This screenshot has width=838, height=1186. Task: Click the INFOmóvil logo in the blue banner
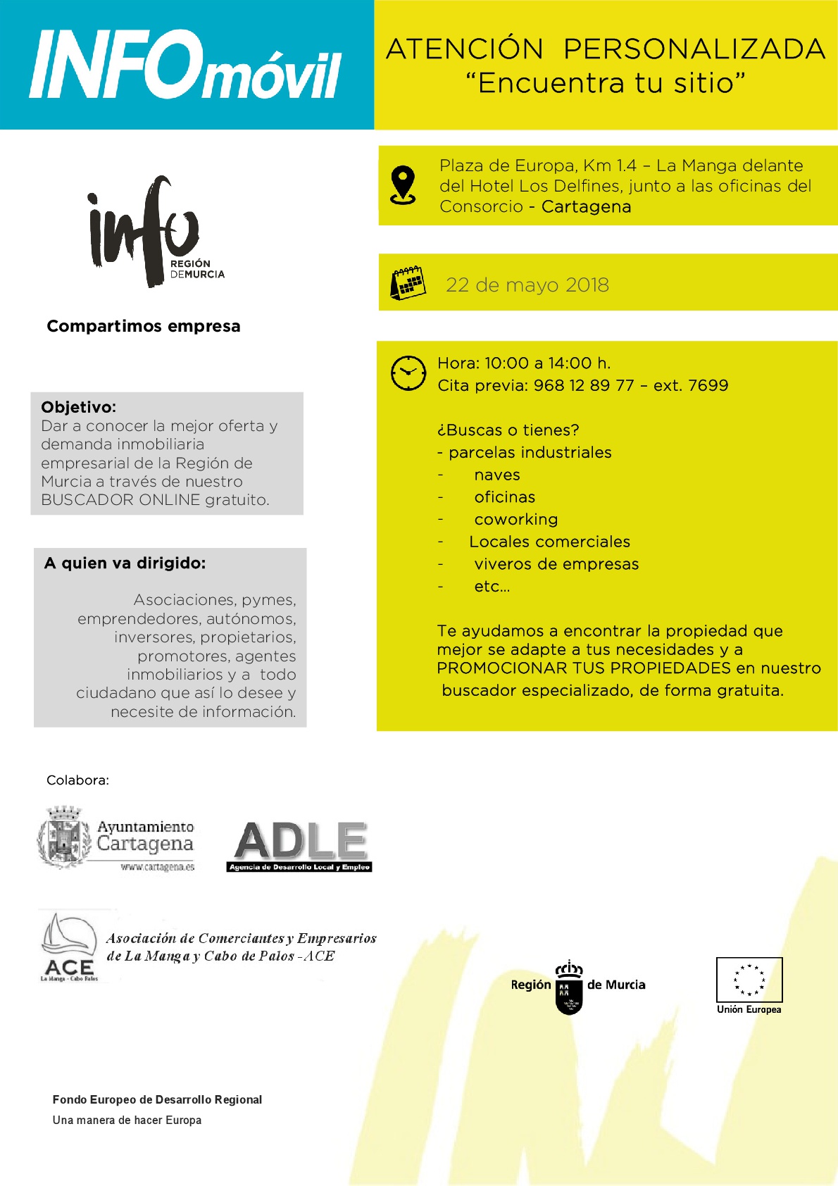(185, 65)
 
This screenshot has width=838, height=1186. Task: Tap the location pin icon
(403, 185)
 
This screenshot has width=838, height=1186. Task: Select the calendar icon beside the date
(408, 283)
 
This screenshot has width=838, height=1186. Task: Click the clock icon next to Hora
(408, 373)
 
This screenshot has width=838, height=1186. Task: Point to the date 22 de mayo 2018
(527, 285)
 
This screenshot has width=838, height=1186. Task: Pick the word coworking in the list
(515, 520)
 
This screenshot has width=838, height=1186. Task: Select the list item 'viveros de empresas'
(556, 564)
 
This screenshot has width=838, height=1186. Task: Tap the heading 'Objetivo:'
(79, 407)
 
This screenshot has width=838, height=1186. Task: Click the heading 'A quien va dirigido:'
(125, 563)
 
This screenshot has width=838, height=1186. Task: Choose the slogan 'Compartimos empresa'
(144, 326)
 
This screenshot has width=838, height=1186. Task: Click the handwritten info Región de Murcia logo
(151, 231)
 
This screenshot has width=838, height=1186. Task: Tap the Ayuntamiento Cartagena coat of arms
(64, 837)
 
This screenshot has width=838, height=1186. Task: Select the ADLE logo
(300, 846)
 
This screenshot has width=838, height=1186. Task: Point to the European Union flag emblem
(749, 980)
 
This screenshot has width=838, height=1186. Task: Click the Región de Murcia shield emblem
(569, 990)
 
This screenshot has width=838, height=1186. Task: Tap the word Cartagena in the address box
(586, 207)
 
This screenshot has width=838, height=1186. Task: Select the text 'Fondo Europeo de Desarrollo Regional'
(157, 1099)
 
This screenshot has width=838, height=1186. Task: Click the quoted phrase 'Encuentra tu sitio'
(606, 83)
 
